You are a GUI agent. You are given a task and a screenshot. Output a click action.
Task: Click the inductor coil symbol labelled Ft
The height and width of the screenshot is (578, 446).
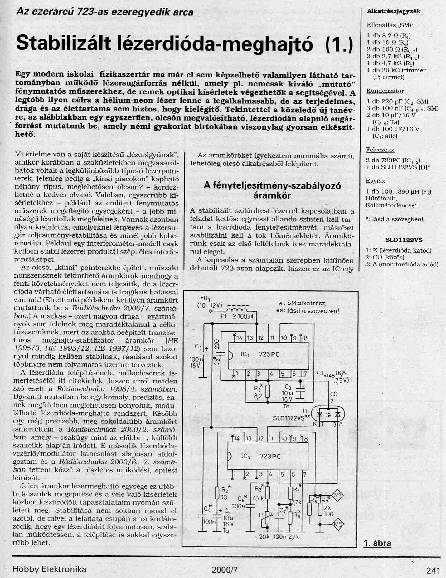point(239,310)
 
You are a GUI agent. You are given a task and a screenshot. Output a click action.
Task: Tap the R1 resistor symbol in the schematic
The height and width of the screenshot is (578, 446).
point(268,392)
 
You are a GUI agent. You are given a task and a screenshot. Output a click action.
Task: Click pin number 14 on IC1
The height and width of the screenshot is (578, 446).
point(239,338)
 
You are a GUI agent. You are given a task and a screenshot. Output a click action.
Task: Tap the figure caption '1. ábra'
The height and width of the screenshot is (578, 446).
point(377,543)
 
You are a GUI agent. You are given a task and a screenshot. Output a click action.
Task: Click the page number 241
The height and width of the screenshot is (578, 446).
point(433,570)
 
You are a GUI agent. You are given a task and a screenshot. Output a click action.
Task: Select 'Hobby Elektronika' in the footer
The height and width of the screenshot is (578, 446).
point(49,569)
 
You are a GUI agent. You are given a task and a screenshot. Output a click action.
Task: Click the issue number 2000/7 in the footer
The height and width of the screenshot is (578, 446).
point(224,570)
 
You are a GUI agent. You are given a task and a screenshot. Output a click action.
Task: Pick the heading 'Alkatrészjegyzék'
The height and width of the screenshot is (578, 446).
point(394,12)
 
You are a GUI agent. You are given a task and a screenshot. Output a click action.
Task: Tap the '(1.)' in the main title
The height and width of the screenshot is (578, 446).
point(338,45)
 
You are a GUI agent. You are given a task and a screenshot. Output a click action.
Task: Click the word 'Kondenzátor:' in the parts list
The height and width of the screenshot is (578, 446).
point(386,91)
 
